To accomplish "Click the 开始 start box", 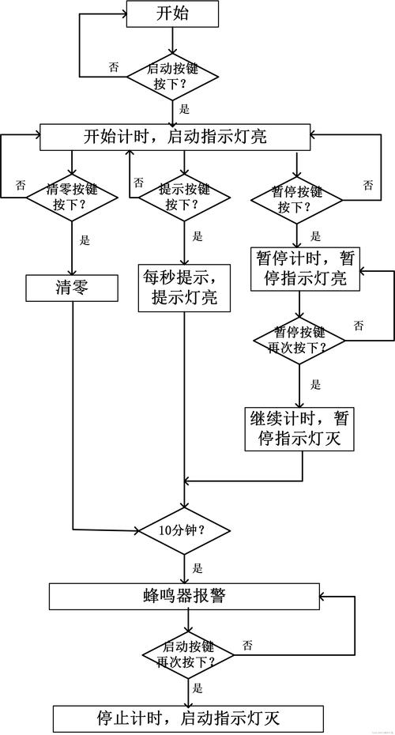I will tap(174, 13).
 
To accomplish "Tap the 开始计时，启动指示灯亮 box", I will tap(174, 137).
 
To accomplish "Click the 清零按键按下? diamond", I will tap(72, 197).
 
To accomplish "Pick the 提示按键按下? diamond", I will tap(184, 197).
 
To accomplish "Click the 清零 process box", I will tap(72, 288).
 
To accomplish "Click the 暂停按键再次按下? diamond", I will tap(300, 340).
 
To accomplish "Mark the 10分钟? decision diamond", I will tap(184, 530).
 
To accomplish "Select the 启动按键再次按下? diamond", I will tap(190, 653).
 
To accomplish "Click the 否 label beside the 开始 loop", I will tap(115, 68).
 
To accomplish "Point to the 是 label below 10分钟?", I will tap(197, 567).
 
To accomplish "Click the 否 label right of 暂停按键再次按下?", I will tap(359, 326).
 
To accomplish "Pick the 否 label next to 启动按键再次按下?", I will tap(248, 646).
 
